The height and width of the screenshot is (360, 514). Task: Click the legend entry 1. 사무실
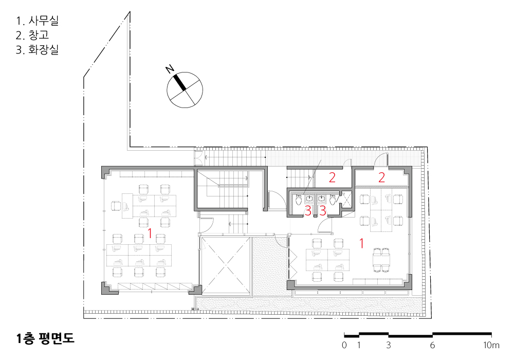pyautogui.click(x=38, y=21)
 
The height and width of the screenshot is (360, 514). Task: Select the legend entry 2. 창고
pyautogui.click(x=32, y=35)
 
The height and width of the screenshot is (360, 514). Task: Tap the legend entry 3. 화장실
pyautogui.click(x=38, y=49)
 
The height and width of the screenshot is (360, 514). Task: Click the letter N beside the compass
pyautogui.click(x=170, y=69)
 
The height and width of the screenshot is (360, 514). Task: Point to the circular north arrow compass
pyautogui.click(x=185, y=90)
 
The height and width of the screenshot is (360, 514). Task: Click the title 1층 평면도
pyautogui.click(x=45, y=338)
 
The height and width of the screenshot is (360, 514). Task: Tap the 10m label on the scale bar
pyautogui.click(x=491, y=345)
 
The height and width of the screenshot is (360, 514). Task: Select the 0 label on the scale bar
pyautogui.click(x=344, y=345)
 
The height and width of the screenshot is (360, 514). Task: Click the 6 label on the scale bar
pyautogui.click(x=432, y=345)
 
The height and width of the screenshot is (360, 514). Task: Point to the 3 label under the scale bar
pyautogui.click(x=389, y=345)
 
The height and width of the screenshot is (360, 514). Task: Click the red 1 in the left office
pyautogui.click(x=150, y=233)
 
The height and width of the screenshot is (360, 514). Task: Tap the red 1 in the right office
pyautogui.click(x=361, y=243)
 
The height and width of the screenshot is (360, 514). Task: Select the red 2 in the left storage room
pyautogui.click(x=332, y=177)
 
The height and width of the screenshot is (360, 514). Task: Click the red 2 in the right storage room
pyautogui.click(x=381, y=177)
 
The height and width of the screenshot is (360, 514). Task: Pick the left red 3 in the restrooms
pyautogui.click(x=308, y=211)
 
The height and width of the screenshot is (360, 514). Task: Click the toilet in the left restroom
pyautogui.click(x=298, y=200)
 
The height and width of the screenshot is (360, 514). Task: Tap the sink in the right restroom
pyautogui.click(x=322, y=199)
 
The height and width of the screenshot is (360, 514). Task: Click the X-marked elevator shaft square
pyautogui.click(x=225, y=265)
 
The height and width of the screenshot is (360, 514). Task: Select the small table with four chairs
pyautogui.click(x=381, y=260)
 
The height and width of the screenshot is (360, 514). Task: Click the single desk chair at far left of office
pyautogui.click(x=116, y=206)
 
